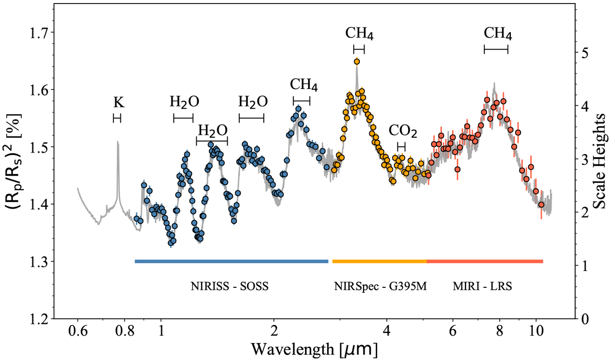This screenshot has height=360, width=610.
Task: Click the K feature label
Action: point(118,103)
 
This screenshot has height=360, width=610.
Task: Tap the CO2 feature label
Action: point(403,132)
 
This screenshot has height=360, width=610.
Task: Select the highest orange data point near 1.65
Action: point(357,62)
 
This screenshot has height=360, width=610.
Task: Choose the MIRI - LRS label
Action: point(482,286)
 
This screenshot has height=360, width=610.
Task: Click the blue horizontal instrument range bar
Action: point(231,261)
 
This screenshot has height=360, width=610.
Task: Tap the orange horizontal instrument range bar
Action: point(379,261)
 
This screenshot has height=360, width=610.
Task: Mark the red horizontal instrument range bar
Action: point(485,261)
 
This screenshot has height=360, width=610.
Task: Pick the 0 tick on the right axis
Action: point(582,319)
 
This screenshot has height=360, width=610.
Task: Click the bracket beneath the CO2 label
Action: point(401,146)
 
